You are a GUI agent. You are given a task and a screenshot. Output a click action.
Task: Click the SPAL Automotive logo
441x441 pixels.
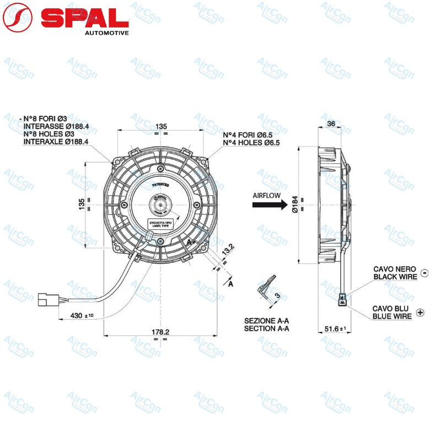coord(66,19)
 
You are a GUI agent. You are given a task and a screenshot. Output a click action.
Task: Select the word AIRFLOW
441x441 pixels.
coord(267,195)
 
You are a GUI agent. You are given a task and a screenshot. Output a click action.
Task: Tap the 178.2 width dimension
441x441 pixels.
coord(160,332)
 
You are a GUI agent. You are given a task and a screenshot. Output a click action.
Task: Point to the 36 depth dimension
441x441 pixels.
coord(331,123)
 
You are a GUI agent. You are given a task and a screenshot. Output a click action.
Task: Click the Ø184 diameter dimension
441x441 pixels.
coord(295,206)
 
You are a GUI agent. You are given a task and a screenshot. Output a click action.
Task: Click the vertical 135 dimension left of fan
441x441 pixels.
coord(81,205)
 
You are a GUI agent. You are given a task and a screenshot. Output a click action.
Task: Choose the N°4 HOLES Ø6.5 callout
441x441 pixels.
coord(251,143)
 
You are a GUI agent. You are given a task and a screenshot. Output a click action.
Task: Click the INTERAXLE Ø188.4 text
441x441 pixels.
coord(56,142)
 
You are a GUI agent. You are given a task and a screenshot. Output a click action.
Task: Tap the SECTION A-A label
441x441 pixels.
coord(267,329)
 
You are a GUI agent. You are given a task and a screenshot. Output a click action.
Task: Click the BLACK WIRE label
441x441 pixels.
coord(395,276)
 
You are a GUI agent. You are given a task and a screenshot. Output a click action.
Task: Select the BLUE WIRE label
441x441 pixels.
coord(392,316)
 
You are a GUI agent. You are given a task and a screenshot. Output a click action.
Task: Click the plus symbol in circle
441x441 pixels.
coord(421,313)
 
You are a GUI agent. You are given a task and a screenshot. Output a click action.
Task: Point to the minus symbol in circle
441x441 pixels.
coord(424,272)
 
